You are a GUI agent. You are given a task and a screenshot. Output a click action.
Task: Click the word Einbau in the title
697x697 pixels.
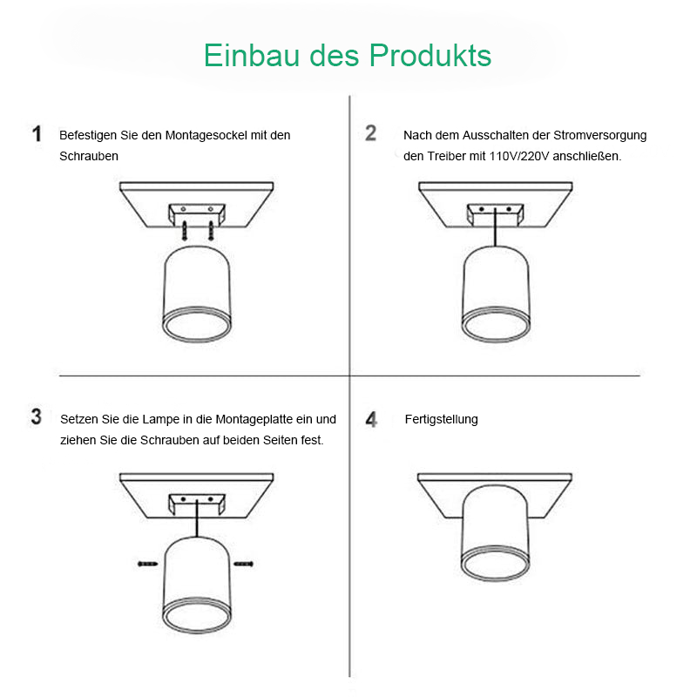coord(252,56)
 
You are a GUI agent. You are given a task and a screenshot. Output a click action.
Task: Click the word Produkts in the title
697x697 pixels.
coord(430,56)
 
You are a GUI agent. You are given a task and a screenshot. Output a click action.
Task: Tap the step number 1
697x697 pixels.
coord(37,134)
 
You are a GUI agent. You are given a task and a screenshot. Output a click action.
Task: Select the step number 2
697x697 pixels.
coord(371,133)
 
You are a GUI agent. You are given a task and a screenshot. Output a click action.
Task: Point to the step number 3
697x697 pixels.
coord(36,417)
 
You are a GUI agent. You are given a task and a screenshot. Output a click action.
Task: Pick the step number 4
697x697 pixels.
coord(371,419)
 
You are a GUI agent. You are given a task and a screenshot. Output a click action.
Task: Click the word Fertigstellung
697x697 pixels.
coord(442,419)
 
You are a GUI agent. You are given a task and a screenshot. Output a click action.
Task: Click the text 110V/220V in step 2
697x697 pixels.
coord(519,157)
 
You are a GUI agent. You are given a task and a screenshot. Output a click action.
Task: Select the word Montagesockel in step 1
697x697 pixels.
coord(206,136)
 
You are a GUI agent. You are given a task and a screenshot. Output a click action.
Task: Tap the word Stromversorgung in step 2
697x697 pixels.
coord(599,136)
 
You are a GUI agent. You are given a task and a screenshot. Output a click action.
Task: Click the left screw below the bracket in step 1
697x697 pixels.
coord(185,231)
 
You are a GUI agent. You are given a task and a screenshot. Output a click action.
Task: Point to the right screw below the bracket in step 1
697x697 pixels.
coord(211,231)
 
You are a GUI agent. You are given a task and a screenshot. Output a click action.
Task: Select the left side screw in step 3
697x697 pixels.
coord(147,564)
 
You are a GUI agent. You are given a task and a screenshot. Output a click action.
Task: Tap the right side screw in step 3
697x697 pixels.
coord(244,564)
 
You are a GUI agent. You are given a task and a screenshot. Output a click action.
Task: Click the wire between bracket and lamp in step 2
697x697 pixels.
coord(495,227)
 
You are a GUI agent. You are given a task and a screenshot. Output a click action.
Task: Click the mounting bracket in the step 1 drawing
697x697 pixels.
coord(197,213)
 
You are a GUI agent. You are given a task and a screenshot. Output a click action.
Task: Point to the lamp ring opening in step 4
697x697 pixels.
coord(495,563)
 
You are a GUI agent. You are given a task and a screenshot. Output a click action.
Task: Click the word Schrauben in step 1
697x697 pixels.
coord(89,157)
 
